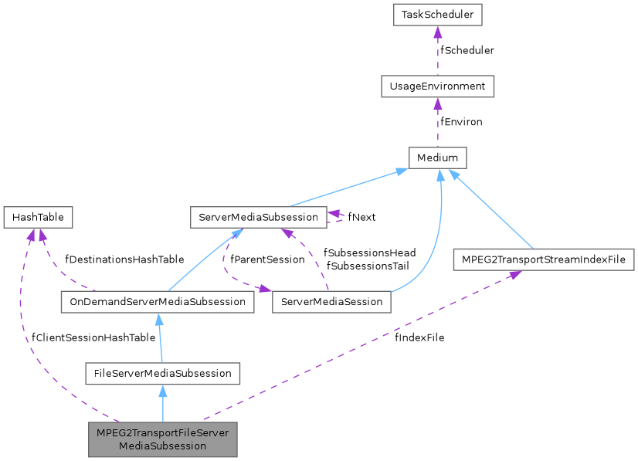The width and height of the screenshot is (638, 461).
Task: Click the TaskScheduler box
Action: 437,14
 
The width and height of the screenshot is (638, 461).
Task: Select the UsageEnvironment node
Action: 437,86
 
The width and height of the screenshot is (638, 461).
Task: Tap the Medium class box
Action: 437,158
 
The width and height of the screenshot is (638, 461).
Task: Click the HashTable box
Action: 38,218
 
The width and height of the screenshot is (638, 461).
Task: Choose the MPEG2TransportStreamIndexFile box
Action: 543,259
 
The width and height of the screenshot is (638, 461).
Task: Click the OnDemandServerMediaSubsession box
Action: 157,301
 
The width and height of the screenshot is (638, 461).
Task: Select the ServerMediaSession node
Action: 331,301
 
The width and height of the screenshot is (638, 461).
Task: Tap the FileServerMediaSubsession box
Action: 162,373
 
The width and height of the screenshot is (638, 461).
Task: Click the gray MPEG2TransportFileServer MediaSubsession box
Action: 162,439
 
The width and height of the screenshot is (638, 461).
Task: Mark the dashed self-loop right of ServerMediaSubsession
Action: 340,218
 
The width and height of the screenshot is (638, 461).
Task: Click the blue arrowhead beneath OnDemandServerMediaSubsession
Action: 158,318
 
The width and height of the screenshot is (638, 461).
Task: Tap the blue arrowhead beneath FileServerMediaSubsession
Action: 162,390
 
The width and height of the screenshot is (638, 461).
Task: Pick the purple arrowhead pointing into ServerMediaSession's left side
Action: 266,290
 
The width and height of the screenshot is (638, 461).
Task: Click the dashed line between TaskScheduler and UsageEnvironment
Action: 437,54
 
